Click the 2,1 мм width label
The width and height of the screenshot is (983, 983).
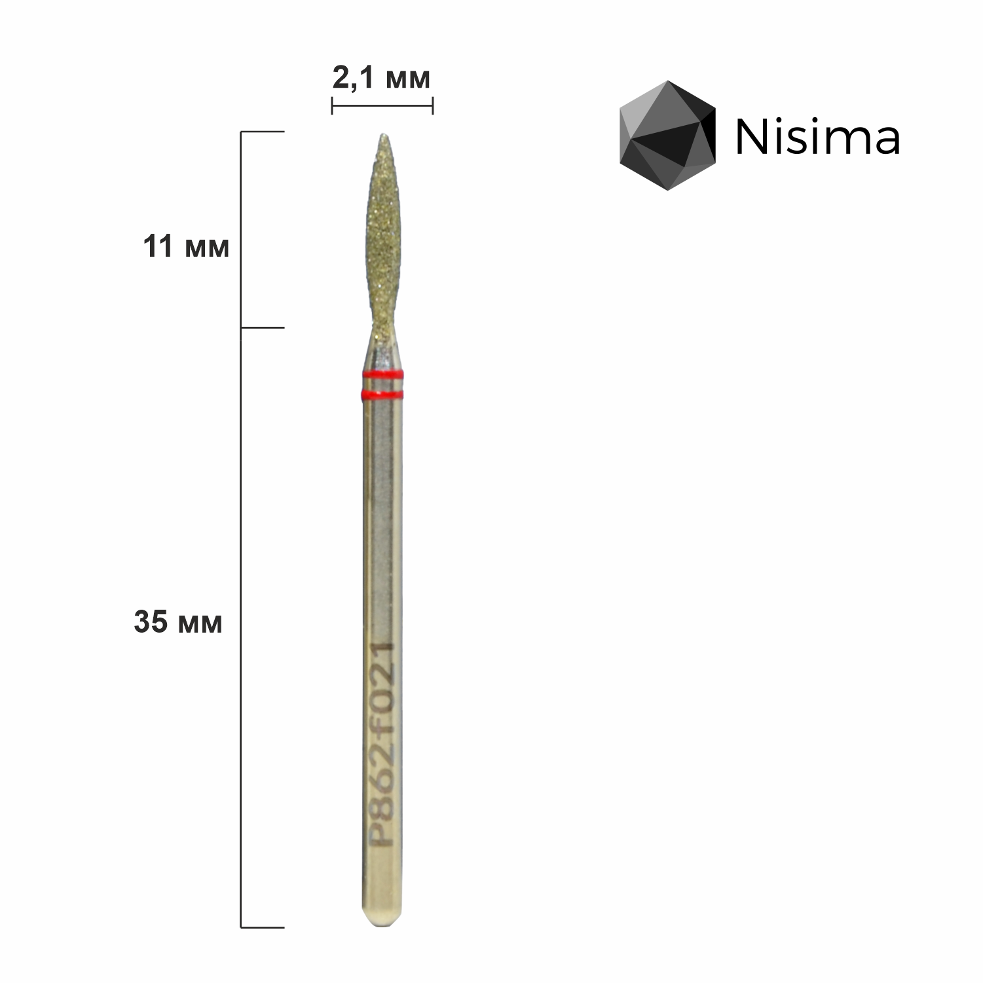point(382,79)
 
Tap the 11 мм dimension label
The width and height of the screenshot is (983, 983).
point(187,248)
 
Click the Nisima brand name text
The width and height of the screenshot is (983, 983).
point(817,138)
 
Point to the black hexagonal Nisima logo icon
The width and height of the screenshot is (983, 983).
point(668,136)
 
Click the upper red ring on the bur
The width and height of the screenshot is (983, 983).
point(384,375)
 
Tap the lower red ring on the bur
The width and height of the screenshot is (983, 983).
point(384,395)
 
